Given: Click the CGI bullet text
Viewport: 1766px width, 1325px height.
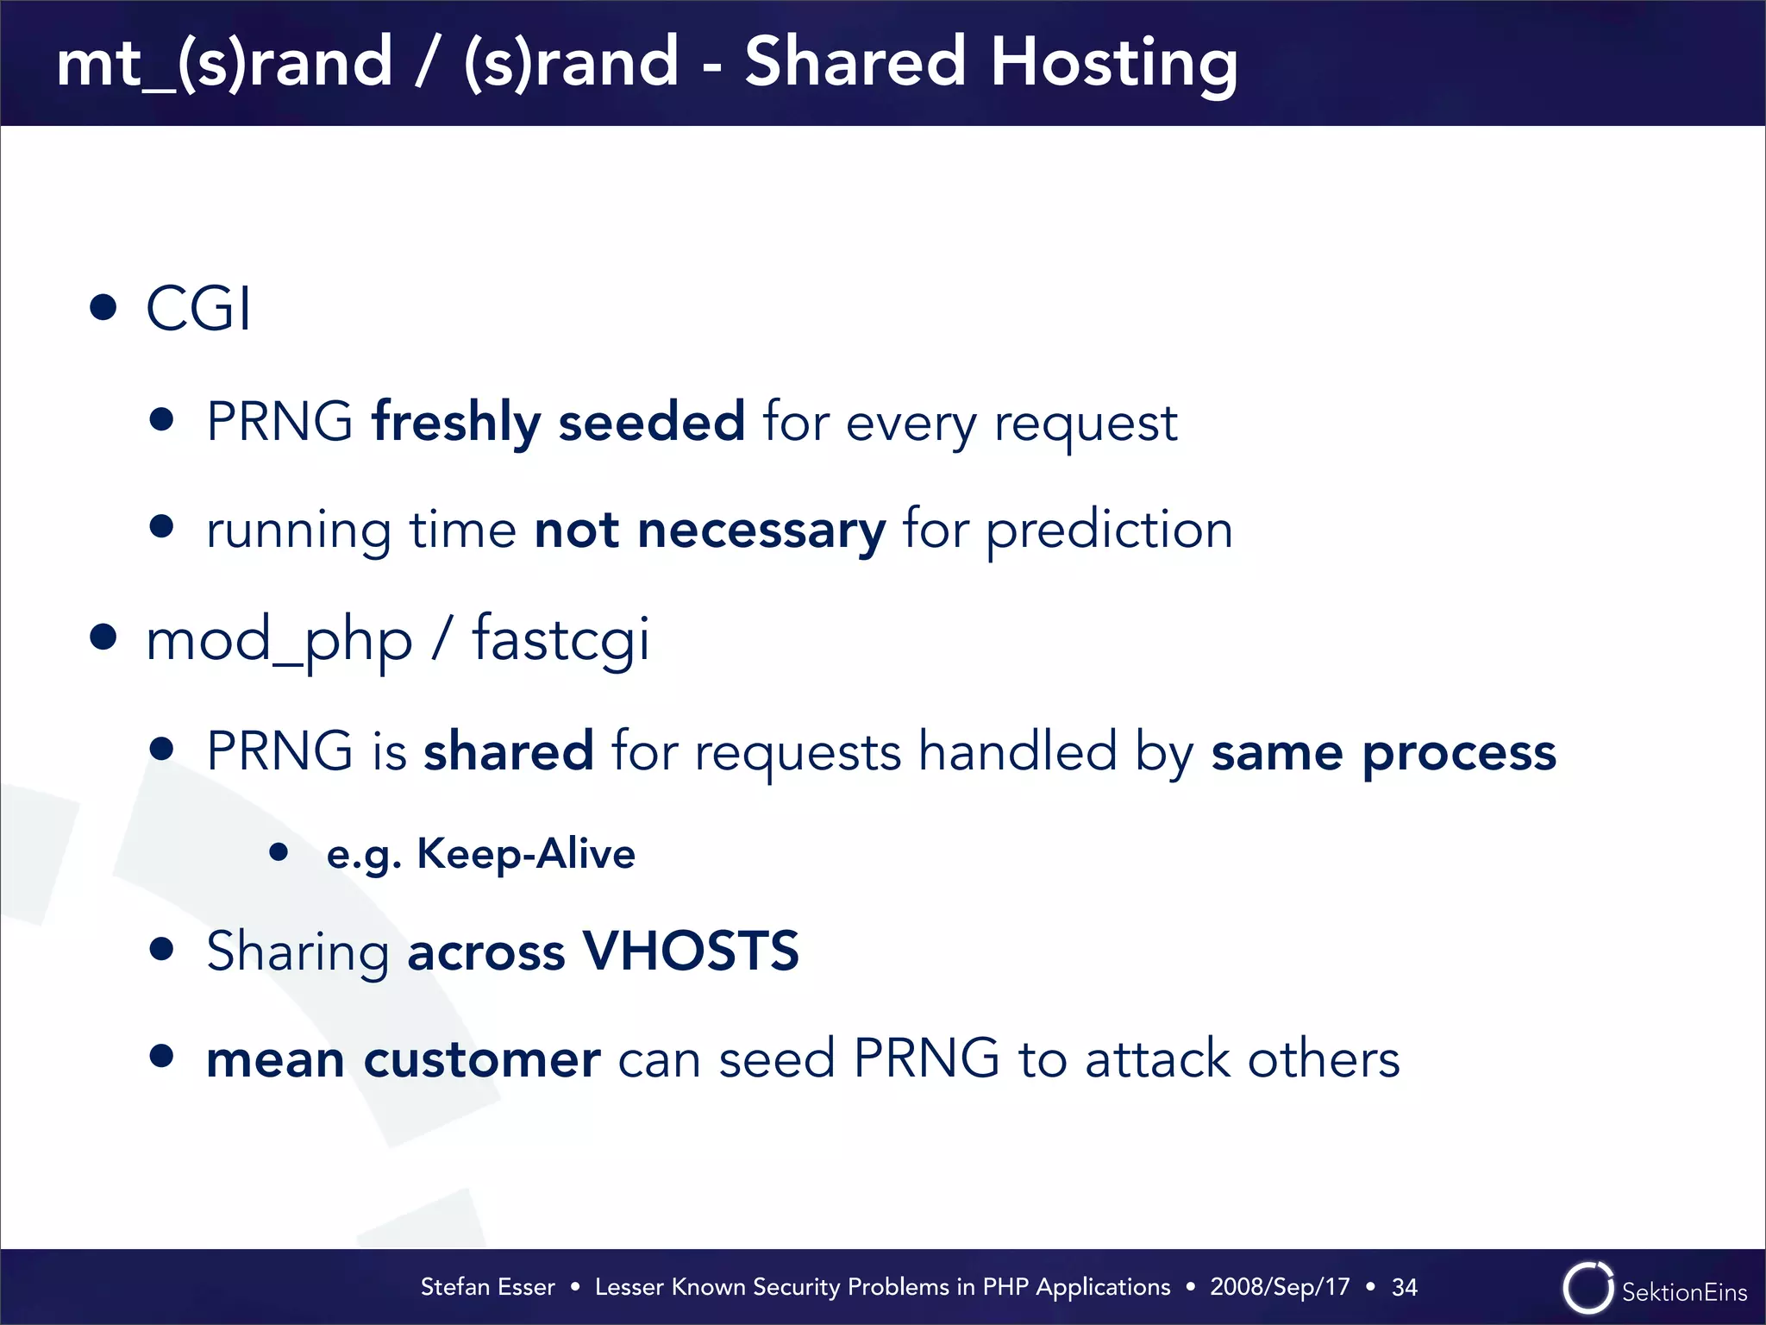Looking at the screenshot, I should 199,308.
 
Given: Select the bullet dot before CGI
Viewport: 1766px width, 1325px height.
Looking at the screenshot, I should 103,307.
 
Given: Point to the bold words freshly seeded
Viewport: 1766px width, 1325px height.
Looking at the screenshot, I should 558,422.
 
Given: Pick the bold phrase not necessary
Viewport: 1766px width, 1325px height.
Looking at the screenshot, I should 710,530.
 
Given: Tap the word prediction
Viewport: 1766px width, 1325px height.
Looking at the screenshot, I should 1109,530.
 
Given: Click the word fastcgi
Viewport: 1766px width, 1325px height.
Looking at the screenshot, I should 561,640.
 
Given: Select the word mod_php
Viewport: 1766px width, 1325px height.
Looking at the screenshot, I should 279,640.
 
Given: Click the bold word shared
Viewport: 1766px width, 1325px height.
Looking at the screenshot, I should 509,750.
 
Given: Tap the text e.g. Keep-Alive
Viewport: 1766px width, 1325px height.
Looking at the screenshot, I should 481,854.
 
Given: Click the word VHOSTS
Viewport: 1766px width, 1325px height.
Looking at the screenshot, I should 692,951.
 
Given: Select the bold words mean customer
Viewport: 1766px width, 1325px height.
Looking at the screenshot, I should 404,1059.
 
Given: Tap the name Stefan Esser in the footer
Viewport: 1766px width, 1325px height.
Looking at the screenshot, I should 487,1287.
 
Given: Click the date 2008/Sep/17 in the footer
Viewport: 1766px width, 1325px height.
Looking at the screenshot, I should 1280,1287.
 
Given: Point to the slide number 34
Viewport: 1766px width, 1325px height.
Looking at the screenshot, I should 1405,1287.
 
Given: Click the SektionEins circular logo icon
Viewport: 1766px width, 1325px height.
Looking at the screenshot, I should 1588,1289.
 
